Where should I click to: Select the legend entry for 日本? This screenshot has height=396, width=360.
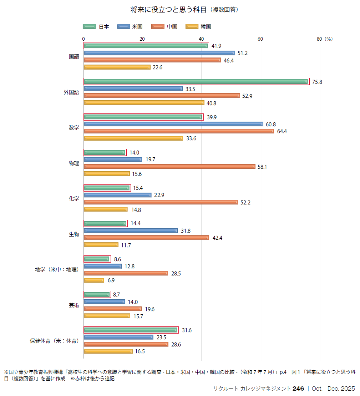96,26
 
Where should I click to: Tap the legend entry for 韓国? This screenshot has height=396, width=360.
198,26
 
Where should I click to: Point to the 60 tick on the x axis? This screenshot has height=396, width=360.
260,39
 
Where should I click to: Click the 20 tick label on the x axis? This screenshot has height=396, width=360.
142,39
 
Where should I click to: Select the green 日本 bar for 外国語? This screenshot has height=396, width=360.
196,81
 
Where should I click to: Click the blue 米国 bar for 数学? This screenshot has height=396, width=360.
173,124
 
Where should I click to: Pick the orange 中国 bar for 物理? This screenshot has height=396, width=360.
169,167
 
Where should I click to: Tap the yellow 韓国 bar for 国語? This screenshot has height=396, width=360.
117,67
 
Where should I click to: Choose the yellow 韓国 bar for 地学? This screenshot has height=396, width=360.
94,280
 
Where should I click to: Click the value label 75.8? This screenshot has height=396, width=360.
317,82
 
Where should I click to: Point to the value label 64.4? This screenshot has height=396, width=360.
282,131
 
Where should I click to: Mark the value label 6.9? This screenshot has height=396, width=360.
111,280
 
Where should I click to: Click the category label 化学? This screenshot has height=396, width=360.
74,199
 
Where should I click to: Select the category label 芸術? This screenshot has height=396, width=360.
74,305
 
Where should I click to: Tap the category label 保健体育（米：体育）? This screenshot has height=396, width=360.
54,341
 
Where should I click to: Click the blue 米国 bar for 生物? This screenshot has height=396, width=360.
131,230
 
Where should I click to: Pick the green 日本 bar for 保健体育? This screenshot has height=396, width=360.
131,330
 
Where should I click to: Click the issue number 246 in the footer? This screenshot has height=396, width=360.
298,389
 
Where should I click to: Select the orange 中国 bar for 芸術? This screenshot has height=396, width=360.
112,309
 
